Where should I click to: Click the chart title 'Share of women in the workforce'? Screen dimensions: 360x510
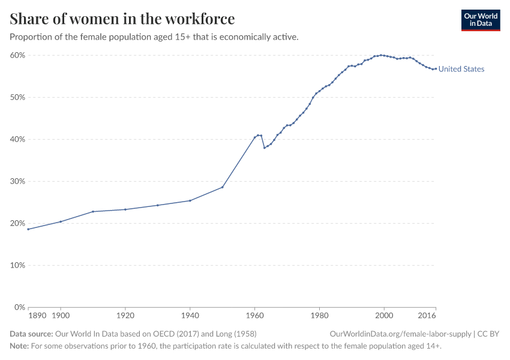[122, 19]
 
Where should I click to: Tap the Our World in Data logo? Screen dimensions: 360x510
[480, 20]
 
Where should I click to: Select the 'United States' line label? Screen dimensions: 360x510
[461, 69]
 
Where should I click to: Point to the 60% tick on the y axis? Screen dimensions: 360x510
[17, 55]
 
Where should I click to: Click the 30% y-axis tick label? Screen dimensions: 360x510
[17, 181]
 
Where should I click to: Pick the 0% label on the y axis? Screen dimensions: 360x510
[19, 307]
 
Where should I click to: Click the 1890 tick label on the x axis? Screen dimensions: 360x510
[37, 315]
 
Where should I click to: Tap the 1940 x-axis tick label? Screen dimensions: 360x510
[190, 315]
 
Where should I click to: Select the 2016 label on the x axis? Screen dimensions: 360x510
[427, 315]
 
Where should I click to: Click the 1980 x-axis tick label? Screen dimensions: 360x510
[319, 315]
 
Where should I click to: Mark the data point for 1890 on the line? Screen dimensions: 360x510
[28, 229]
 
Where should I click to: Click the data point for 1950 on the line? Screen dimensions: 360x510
[223, 187]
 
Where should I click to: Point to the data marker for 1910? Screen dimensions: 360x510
[93, 211]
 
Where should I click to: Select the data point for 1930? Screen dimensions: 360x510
[158, 205]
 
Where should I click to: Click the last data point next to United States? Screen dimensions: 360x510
[436, 68]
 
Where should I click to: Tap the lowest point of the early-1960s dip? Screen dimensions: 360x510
[265, 148]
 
